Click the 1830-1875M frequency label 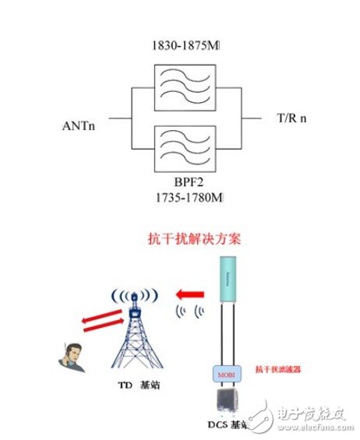(x=185, y=48)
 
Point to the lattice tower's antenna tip (x=136, y=296)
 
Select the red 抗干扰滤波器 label (x=277, y=369)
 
